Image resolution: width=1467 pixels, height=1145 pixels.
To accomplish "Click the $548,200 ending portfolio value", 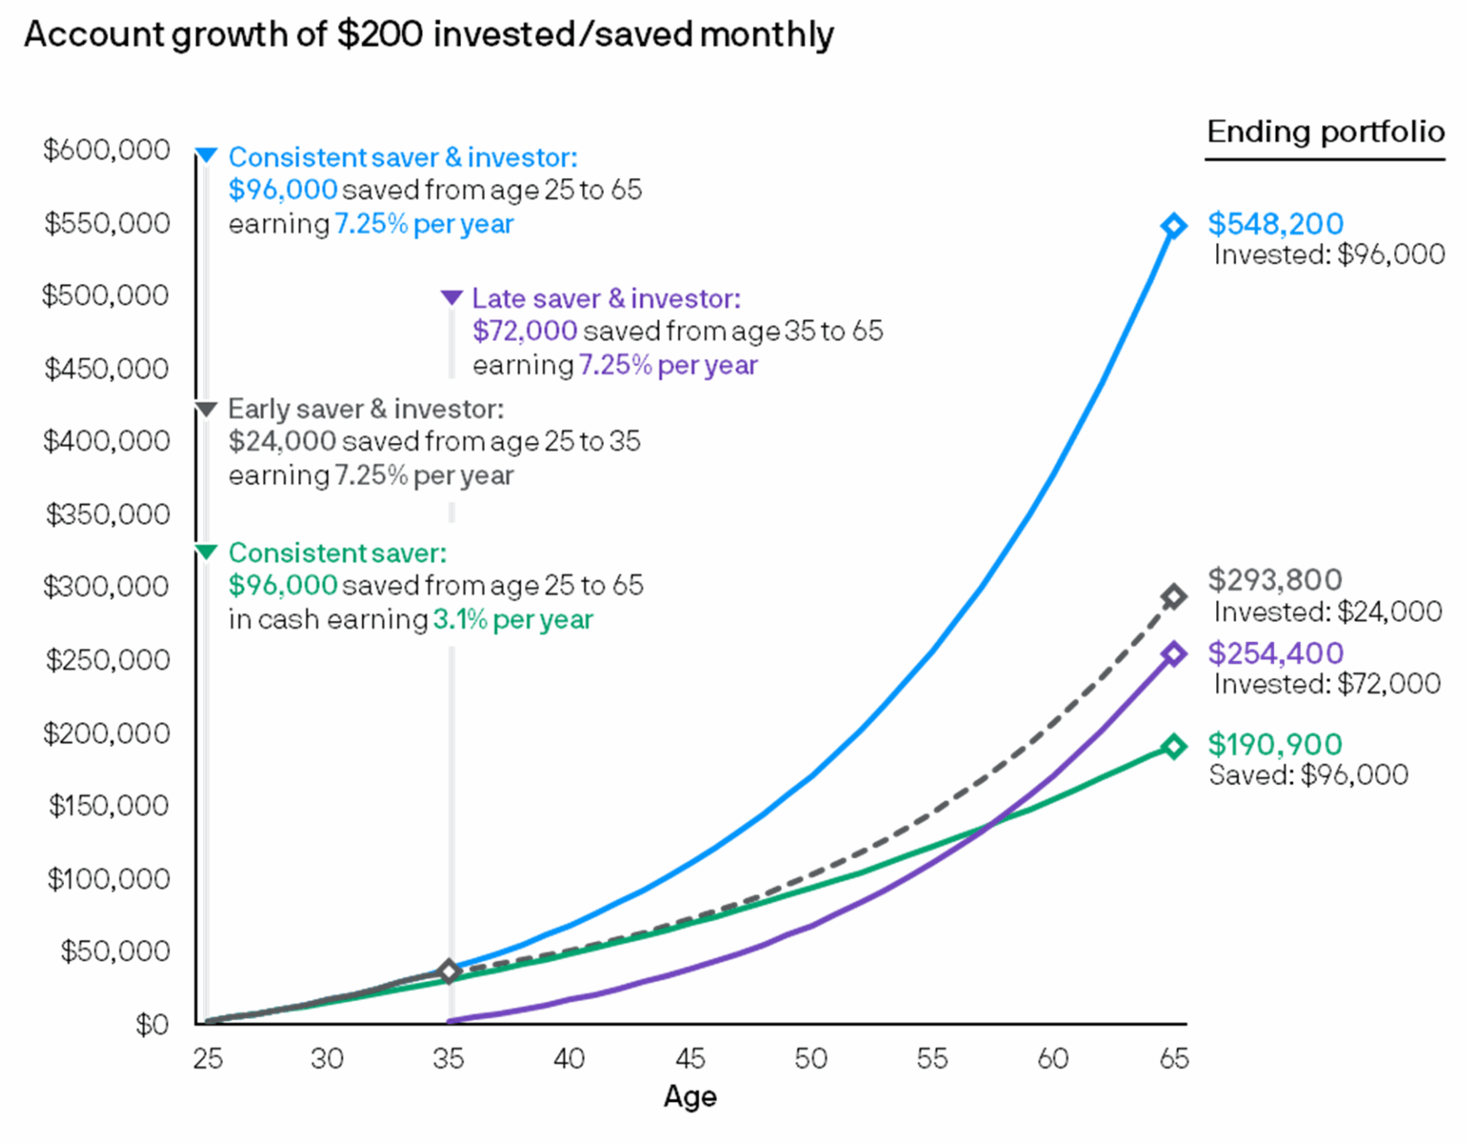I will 1274,224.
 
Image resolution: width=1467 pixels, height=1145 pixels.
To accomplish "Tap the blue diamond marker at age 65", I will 1173,225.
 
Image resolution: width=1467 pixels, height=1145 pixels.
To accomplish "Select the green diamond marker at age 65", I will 1173,746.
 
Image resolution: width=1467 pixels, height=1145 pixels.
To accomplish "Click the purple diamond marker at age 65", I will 1173,654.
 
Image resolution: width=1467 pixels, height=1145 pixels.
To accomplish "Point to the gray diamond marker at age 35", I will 449,971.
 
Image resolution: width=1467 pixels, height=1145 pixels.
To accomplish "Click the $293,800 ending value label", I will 1274,579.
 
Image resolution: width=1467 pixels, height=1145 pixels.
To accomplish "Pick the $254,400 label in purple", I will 1274,653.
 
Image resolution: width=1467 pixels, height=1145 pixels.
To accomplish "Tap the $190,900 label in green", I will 1274,744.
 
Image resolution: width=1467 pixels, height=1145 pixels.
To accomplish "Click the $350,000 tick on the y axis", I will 107,514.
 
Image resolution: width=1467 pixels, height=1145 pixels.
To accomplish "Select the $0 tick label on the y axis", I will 152,1025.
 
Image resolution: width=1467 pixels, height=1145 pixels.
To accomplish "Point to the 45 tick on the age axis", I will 689,1059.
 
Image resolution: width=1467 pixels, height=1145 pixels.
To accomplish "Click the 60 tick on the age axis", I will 1052,1059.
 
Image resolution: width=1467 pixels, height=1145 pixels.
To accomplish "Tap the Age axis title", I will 689,1097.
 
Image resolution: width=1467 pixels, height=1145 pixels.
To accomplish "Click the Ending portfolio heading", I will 1325,131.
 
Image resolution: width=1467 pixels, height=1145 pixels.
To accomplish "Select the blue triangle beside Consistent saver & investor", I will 206,155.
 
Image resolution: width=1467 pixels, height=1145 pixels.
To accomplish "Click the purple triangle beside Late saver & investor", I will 451,297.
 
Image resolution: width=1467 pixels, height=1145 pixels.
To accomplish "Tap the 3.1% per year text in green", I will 513,620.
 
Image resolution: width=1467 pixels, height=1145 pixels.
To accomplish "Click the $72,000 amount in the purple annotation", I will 524,331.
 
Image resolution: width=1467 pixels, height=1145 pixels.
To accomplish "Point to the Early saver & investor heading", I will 366,409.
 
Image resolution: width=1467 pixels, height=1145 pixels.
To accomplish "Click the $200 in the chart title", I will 380,35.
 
